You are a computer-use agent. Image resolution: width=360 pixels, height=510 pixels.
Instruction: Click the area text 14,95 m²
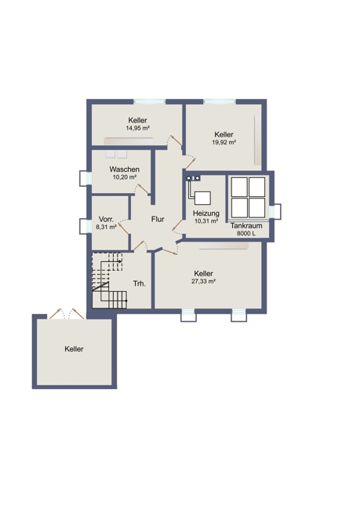pos(137,128)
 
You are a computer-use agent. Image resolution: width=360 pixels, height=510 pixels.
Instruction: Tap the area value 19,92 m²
pos(224,142)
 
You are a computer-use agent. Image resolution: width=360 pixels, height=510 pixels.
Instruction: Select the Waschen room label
pos(124,169)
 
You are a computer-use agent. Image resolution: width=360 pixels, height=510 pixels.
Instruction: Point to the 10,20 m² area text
pos(124,177)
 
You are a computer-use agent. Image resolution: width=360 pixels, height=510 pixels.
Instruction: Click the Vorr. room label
pos(106,219)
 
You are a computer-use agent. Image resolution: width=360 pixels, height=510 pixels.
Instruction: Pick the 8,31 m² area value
pos(106,228)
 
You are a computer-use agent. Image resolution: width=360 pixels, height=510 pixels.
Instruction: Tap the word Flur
pos(158,219)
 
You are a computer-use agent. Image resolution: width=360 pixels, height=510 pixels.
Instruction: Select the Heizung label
pos(205,213)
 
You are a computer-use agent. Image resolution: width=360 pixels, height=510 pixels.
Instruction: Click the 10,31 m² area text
pos(205,221)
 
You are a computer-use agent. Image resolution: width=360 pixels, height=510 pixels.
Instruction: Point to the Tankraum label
pos(246,226)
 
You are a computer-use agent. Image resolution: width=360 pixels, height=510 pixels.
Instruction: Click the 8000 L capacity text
pos(246,233)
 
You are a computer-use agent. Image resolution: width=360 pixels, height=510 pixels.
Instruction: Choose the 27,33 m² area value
pos(204,282)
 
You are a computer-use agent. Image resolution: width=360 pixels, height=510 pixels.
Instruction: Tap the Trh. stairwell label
pos(140,283)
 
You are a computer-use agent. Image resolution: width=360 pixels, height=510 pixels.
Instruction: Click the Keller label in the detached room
pos(75,349)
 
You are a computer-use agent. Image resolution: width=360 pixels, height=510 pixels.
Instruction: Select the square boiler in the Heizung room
pos(202,198)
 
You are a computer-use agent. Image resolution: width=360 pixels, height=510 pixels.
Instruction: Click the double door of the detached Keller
pos(67,314)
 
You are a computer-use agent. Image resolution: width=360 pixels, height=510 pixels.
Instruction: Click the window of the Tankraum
pos(275,211)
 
